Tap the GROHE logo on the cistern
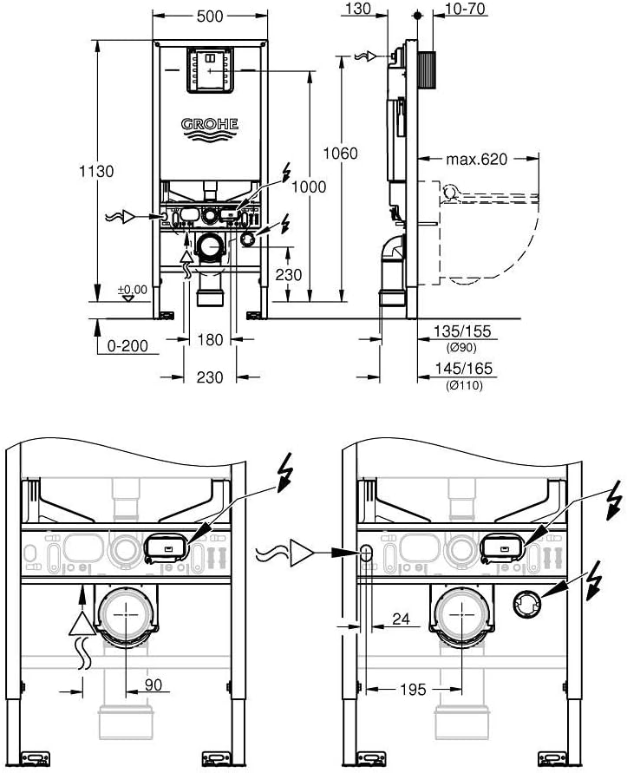coord(208,128)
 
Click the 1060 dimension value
coord(340,153)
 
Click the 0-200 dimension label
coord(127,346)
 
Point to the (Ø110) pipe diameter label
coord(465,385)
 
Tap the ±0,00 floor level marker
coord(133,289)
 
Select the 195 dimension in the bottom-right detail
coord(414,690)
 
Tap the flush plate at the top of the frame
coord(208,69)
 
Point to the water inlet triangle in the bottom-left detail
coord(81,622)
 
